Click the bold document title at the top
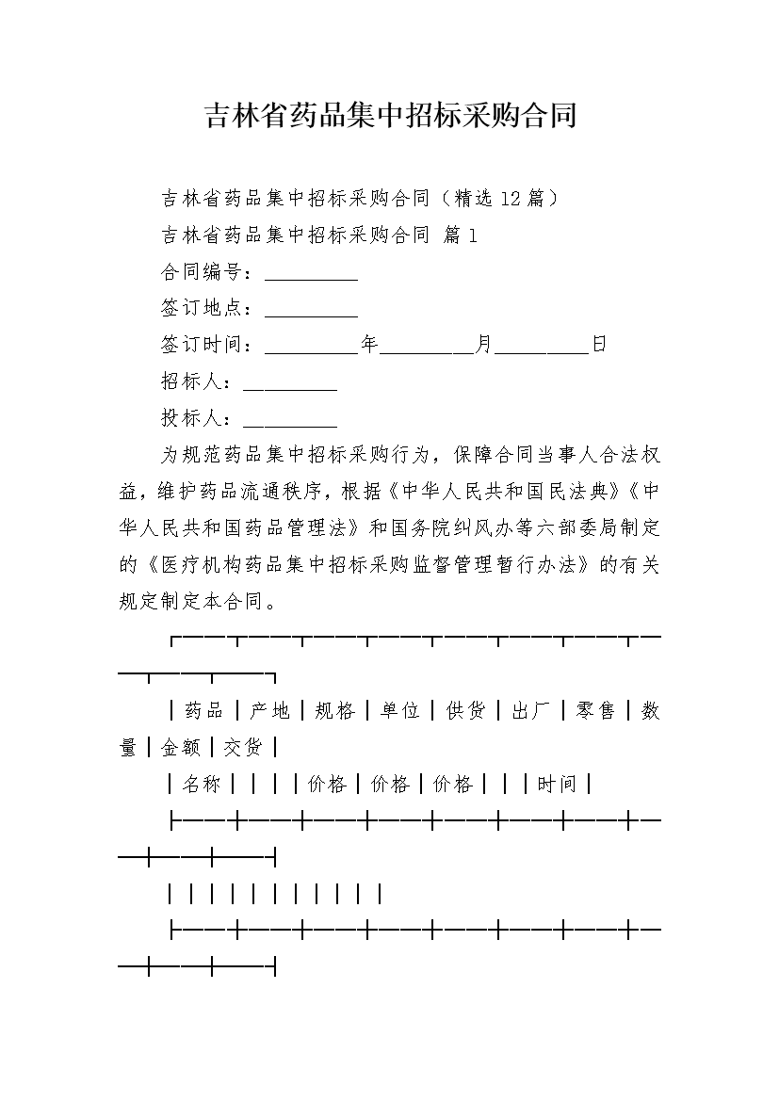point(390,116)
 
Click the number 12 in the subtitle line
point(511,198)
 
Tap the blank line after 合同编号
point(311,274)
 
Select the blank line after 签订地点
point(311,309)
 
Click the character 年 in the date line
point(369,345)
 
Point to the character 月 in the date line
point(483,345)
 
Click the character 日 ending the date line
point(598,345)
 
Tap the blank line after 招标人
point(290,381)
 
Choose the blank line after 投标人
point(290,417)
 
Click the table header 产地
point(269,710)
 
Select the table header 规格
point(334,710)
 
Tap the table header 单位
point(399,710)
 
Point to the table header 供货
point(465,710)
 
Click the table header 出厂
point(530,710)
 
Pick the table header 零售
point(595,710)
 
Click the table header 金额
point(181,747)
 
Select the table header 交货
point(243,747)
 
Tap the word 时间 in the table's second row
point(556,784)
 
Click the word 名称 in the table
point(201,784)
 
